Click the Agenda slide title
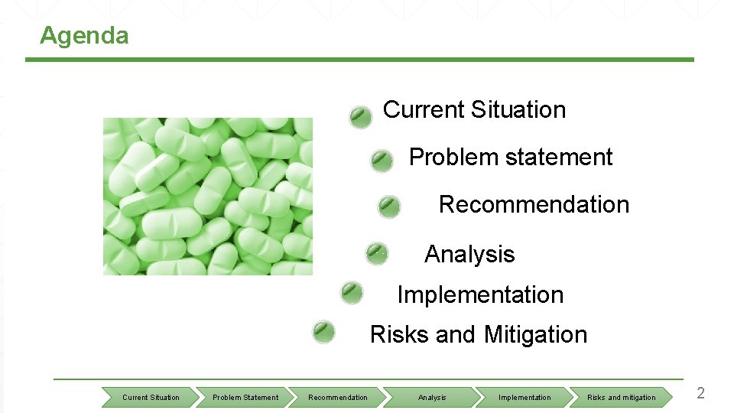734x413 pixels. point(84,36)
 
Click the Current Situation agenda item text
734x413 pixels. point(474,109)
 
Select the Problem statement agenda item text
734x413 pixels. point(510,158)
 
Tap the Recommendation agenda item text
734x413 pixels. point(534,205)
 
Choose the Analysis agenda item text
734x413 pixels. point(469,254)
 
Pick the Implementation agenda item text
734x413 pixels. point(480,294)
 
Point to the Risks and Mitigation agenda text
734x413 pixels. point(478,335)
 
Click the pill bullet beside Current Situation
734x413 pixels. point(361,117)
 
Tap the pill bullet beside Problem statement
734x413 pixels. point(382,161)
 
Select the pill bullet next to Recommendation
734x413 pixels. point(389,206)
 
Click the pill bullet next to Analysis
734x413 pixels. point(376,253)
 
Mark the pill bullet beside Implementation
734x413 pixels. point(352,292)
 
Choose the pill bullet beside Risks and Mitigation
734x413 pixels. point(324,332)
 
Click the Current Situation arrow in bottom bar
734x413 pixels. point(151,397)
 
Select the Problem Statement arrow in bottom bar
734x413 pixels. point(245,397)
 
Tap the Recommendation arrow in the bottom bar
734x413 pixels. point(338,397)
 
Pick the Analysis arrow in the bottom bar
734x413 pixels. point(432,397)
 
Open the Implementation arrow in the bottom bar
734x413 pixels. point(525,397)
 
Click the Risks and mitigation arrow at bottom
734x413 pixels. point(621,397)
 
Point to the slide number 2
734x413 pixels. point(700,394)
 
